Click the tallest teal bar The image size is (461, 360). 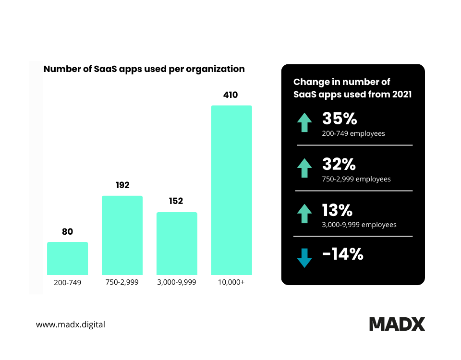231,190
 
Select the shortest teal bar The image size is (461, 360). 68,258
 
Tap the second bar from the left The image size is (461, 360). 122,235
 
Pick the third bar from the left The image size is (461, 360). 177,243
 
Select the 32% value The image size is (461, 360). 339,165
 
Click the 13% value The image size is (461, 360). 338,210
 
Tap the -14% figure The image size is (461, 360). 342,254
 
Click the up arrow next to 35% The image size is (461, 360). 304,122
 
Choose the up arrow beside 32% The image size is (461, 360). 304,168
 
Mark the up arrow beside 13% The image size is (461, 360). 304,214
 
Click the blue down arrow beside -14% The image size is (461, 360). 304,258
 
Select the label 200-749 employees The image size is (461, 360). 353,133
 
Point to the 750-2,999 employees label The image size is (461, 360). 356,179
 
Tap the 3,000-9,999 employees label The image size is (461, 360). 359,225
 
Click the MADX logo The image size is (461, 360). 397,324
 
